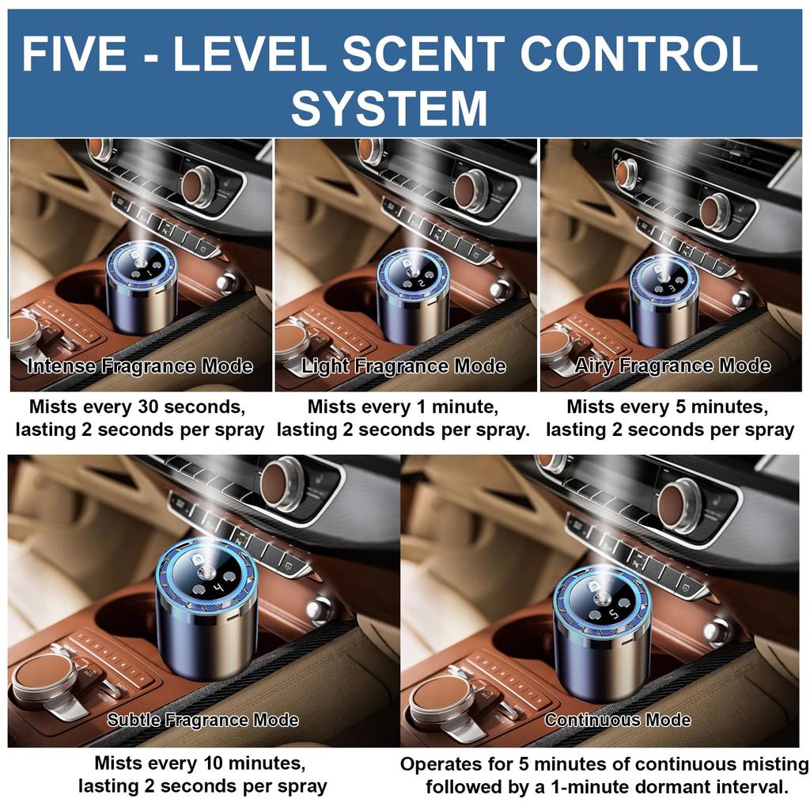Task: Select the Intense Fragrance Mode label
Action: tap(140, 366)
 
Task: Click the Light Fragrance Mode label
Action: tap(403, 366)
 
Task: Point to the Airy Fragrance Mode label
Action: tap(672, 365)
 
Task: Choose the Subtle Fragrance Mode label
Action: tap(202, 720)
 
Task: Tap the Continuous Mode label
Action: tap(618, 720)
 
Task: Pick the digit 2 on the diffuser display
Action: tap(422, 282)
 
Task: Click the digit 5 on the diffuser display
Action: tap(611, 614)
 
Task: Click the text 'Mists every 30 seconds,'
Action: tap(137, 407)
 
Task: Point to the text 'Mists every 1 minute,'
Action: tap(403, 407)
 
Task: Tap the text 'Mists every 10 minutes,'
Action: tap(199, 763)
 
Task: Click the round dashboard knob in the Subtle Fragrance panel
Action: tap(282, 484)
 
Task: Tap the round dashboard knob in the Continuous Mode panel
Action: tap(679, 505)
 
